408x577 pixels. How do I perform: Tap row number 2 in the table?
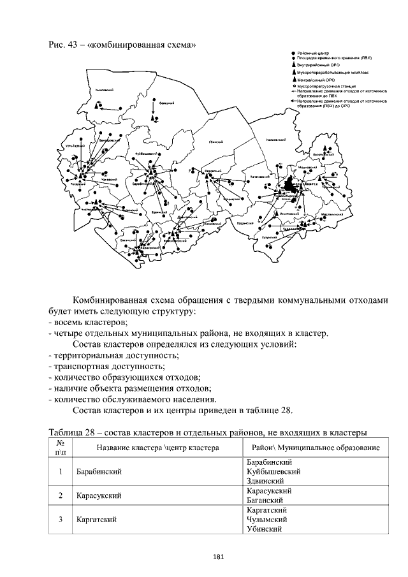click(x=60, y=495)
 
